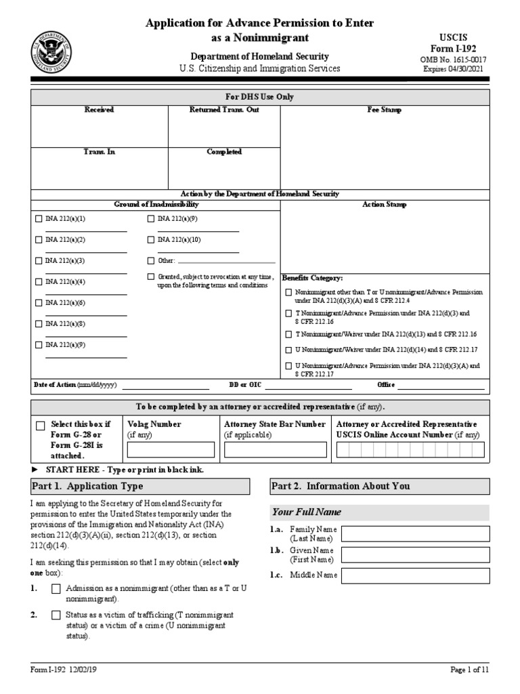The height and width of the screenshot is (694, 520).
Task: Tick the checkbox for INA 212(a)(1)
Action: [39, 219]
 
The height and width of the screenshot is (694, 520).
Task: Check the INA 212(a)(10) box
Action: [151, 240]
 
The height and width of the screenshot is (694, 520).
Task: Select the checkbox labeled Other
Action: [151, 261]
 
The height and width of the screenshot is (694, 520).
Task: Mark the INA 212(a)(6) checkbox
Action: [39, 303]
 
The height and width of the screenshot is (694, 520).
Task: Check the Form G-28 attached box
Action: [41, 426]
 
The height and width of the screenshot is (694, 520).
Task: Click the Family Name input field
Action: [415, 533]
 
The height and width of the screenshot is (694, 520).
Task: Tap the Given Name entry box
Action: [415, 555]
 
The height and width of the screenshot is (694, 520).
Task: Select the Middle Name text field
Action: [415, 576]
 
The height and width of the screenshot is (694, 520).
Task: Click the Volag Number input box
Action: [171, 449]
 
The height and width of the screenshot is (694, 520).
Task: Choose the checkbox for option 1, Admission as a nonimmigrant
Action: [56, 590]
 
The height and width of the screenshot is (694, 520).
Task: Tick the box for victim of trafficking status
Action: [56, 615]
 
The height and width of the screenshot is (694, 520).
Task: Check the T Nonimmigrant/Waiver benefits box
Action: [288, 334]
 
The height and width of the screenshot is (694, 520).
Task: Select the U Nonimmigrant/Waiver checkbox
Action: [288, 350]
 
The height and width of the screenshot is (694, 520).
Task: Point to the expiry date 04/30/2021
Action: [454, 69]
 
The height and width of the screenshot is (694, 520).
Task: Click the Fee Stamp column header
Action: [384, 110]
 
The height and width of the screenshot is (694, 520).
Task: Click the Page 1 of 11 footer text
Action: [470, 670]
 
